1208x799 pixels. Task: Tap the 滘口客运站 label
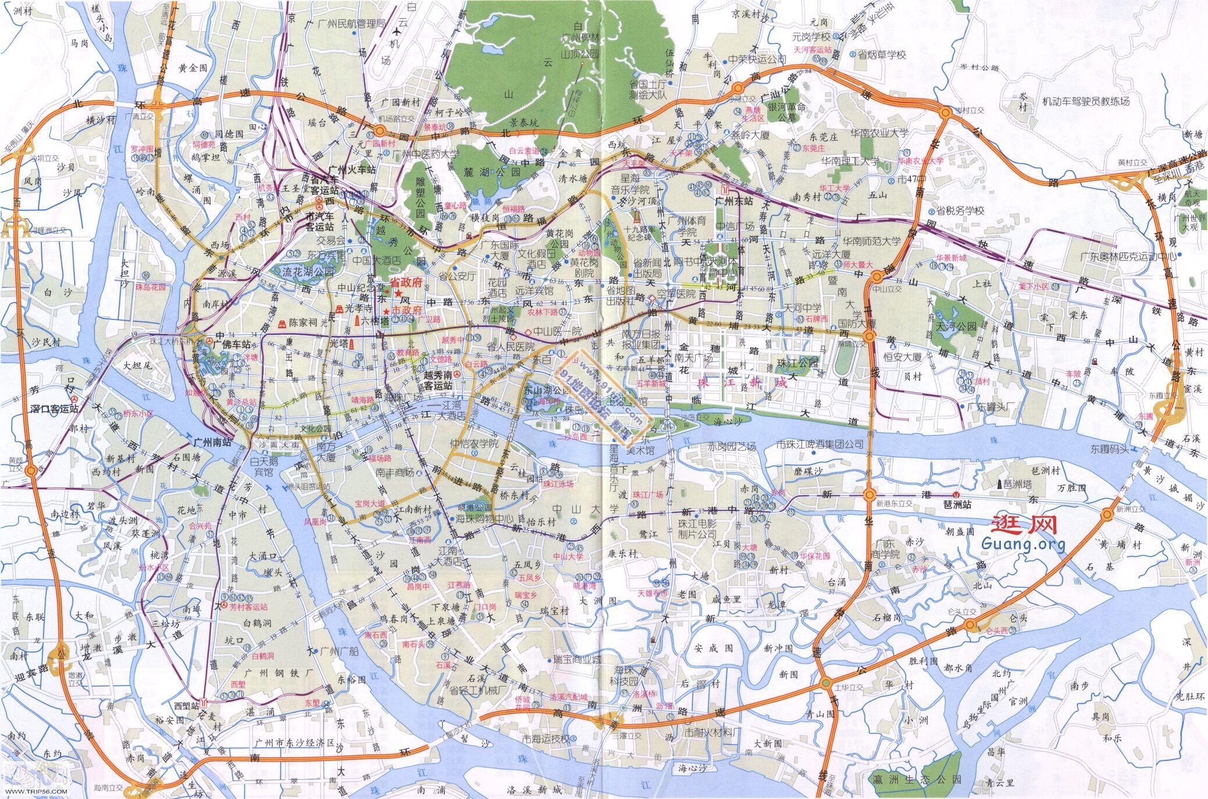coord(54,409)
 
